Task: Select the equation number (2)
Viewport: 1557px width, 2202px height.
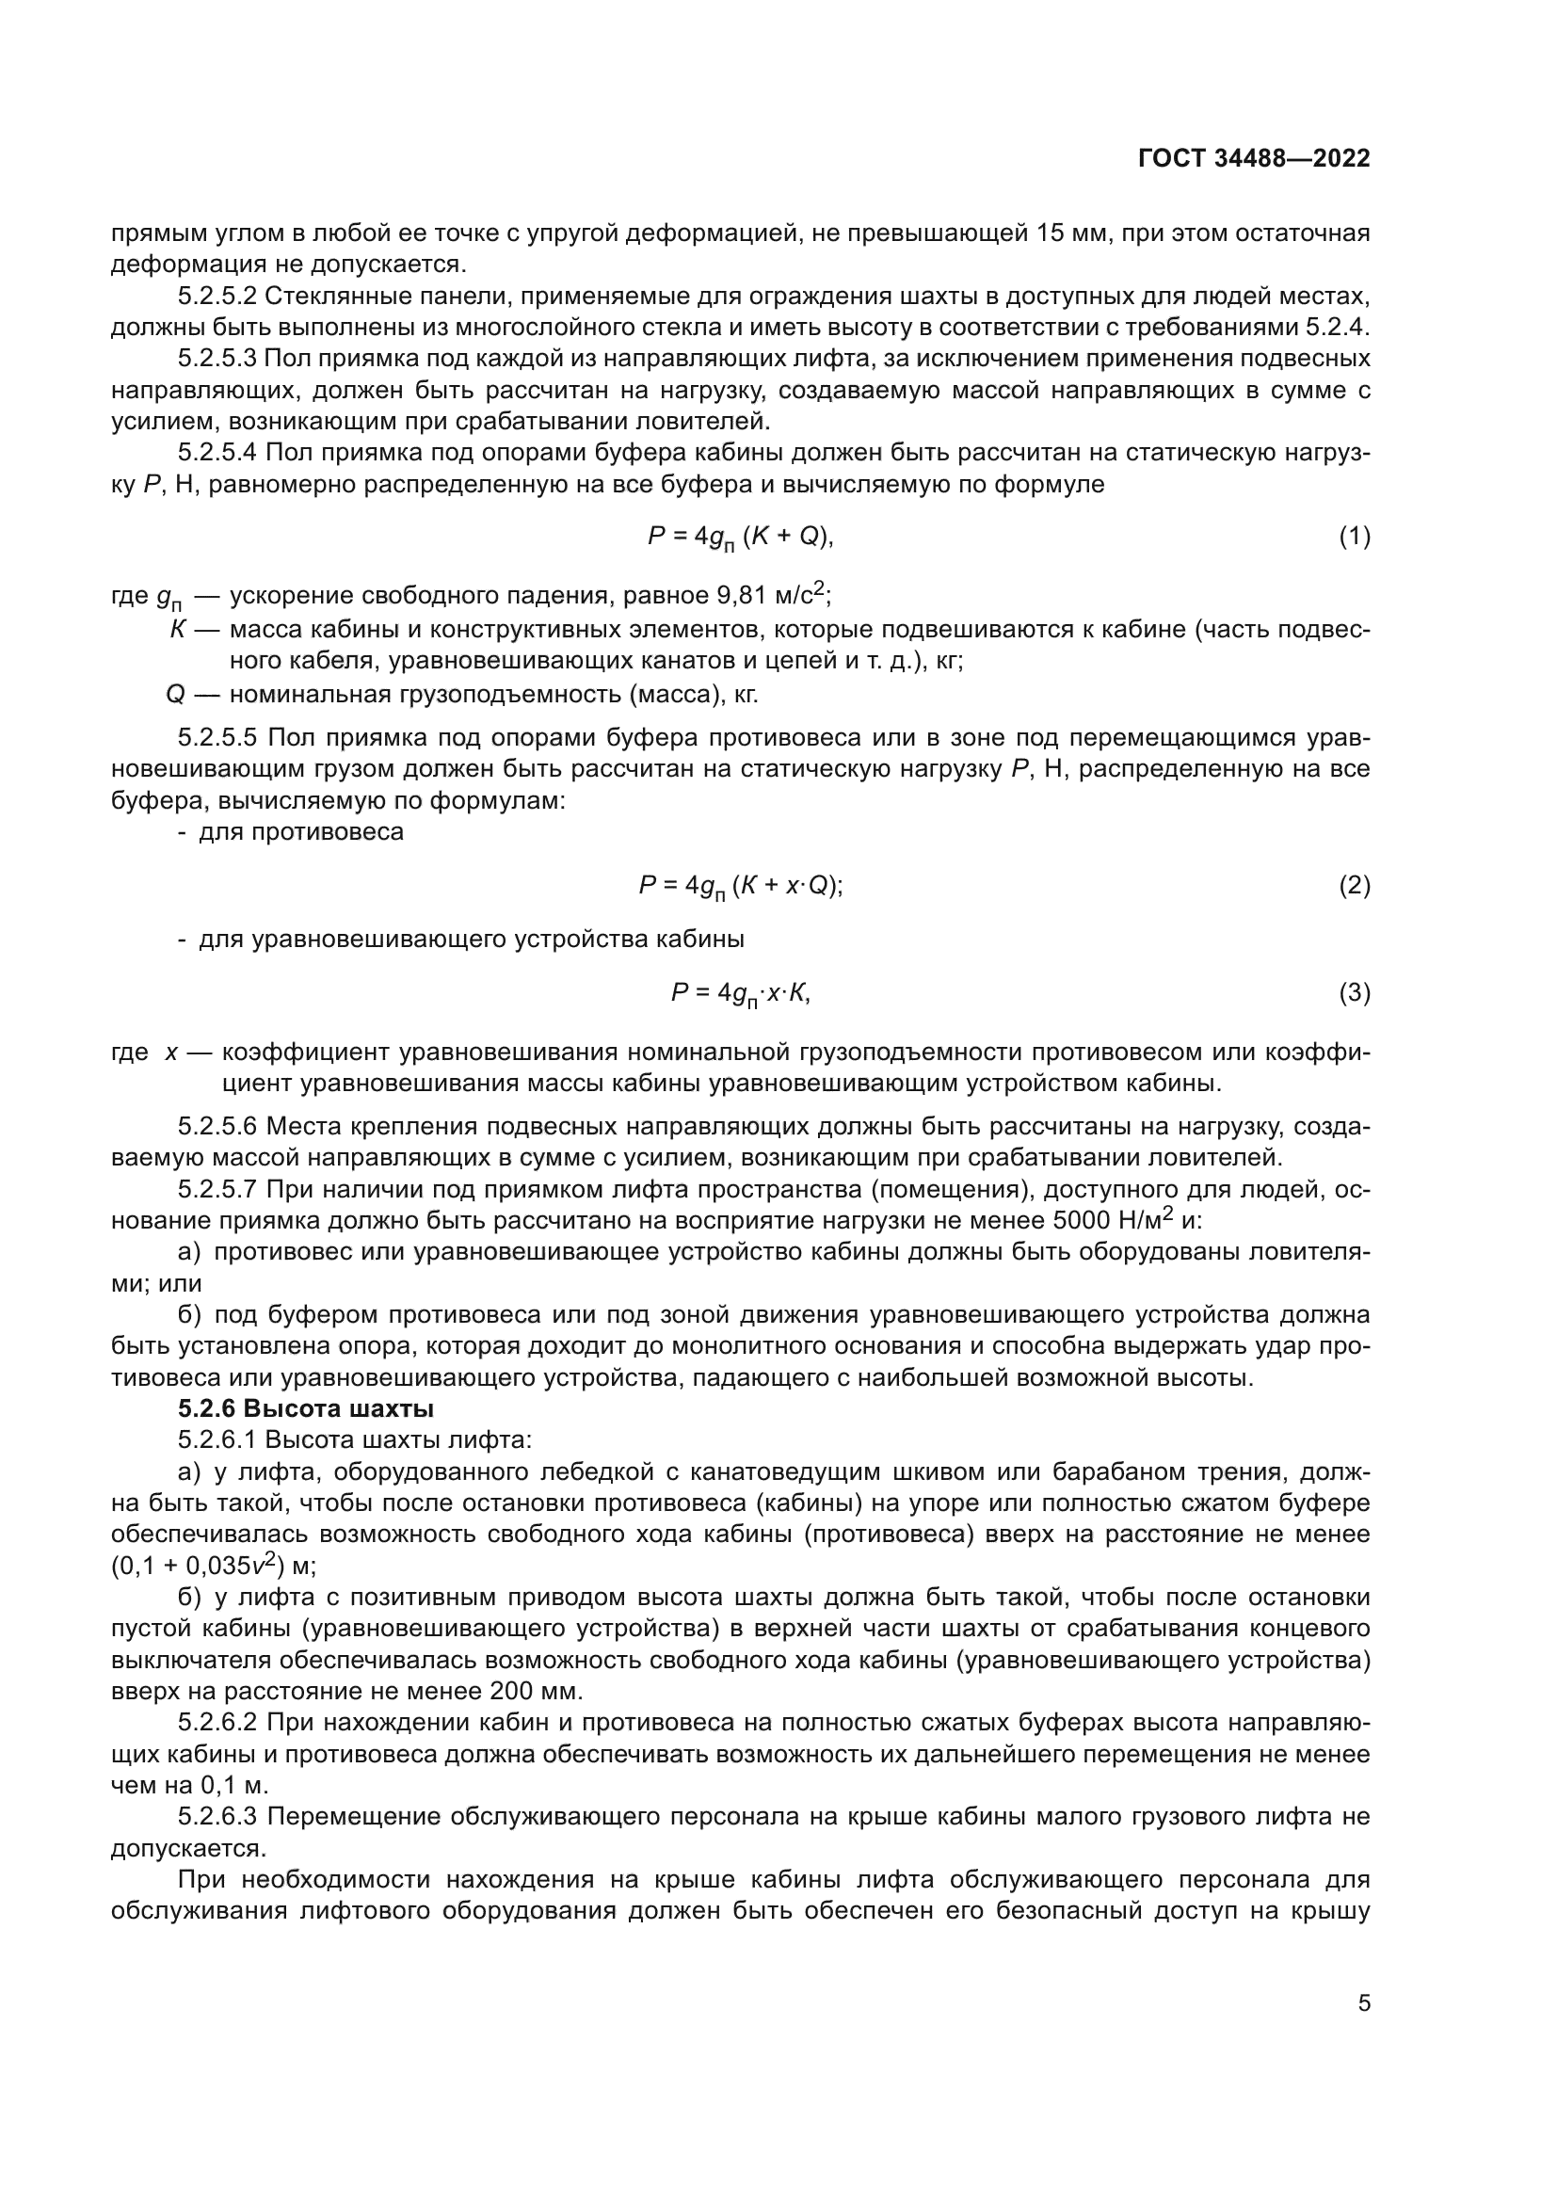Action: point(1354,885)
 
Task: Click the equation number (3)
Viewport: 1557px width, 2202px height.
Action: point(1354,993)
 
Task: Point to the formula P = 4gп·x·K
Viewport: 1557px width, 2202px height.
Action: point(740,993)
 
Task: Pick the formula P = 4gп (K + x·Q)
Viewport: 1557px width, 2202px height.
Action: point(740,886)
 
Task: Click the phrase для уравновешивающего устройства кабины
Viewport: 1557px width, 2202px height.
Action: point(471,940)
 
